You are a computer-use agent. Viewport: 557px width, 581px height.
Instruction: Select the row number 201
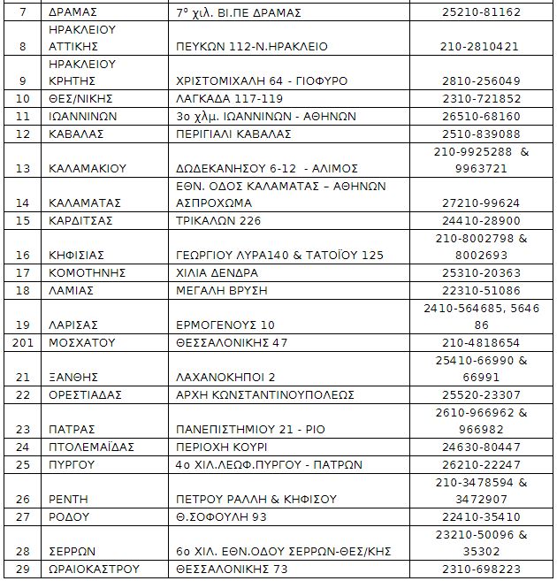click(x=23, y=342)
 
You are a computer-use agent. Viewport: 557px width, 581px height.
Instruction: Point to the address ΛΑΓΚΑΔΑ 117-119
click(x=226, y=98)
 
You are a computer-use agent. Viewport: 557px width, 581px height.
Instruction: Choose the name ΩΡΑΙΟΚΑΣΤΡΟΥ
click(x=92, y=569)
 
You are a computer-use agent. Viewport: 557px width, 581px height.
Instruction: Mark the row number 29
click(x=23, y=569)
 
